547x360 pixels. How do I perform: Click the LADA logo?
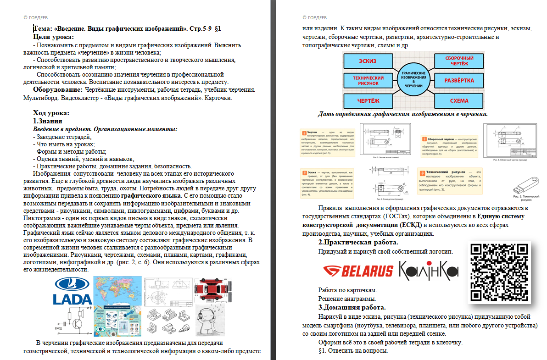(73, 291)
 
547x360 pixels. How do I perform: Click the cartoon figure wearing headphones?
(210, 320)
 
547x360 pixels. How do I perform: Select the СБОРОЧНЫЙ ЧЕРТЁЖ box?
(459, 61)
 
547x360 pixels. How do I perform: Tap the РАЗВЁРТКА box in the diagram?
(459, 80)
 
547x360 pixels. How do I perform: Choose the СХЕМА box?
(459, 100)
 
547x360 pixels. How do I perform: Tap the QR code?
(499, 272)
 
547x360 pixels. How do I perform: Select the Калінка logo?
(429, 270)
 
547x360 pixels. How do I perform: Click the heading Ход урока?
(51, 113)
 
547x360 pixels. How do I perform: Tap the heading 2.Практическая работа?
(358, 242)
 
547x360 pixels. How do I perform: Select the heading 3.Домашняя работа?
(352, 307)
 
